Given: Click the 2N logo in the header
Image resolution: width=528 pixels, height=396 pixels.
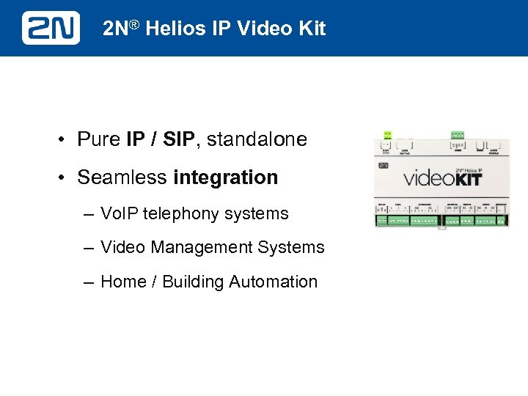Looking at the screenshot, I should [x=51, y=28].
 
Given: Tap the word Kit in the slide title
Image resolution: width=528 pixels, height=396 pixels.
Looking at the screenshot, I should [x=310, y=29].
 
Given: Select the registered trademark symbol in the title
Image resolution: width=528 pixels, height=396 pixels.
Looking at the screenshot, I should [x=136, y=26].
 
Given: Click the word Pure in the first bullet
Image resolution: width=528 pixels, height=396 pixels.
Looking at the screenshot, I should [x=99, y=139].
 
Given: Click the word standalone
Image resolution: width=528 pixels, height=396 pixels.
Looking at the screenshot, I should [x=257, y=139].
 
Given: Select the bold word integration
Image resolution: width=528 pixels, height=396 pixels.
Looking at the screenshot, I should [x=226, y=177].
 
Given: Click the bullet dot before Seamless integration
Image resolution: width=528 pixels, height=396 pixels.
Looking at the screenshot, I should [x=65, y=178].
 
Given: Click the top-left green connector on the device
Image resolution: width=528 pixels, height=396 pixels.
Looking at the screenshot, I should [x=386, y=135].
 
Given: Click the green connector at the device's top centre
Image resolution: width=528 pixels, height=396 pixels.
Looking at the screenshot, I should [x=457, y=135].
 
